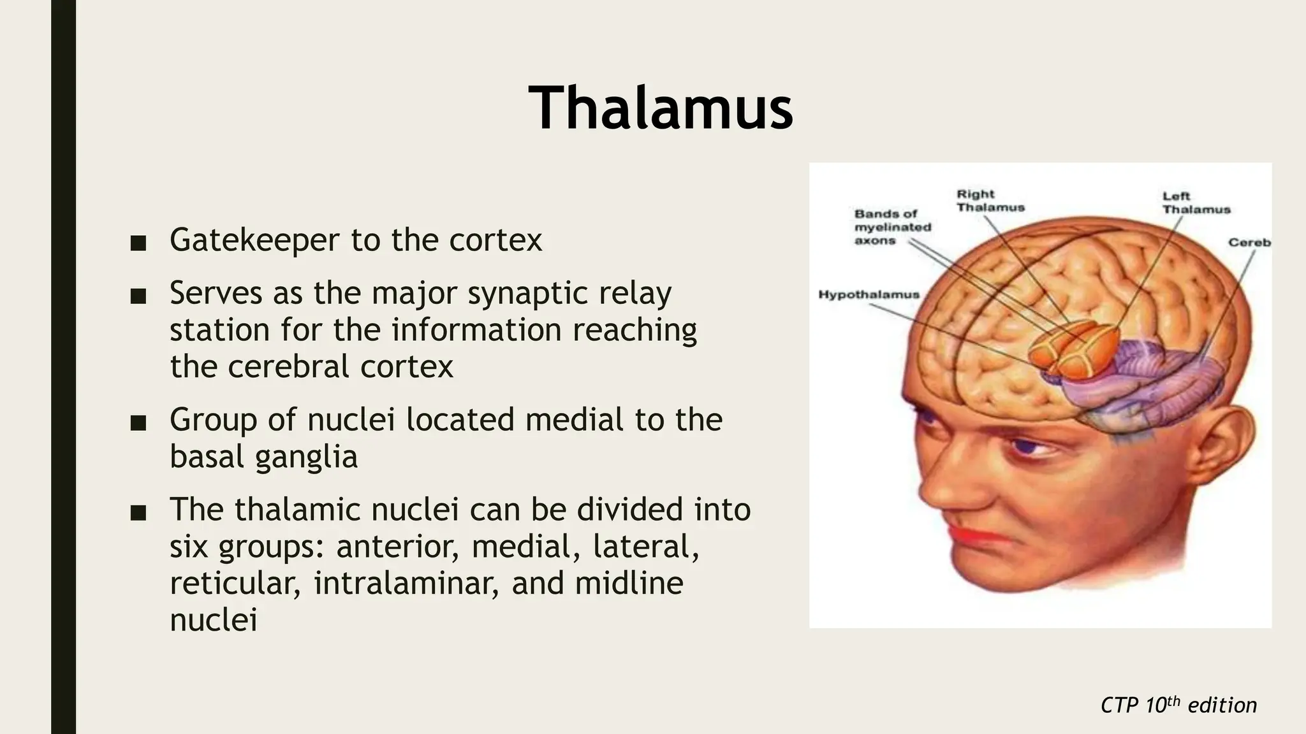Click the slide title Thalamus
coord(661,108)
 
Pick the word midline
coord(629,584)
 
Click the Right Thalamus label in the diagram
coord(990,201)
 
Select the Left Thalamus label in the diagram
coord(1196,203)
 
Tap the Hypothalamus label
coord(869,294)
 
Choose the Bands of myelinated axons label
coord(892,227)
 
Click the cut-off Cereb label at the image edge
coord(1249,243)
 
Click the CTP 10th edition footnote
coord(1178,705)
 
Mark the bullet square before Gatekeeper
coord(138,243)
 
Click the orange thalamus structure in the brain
coord(1078,350)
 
